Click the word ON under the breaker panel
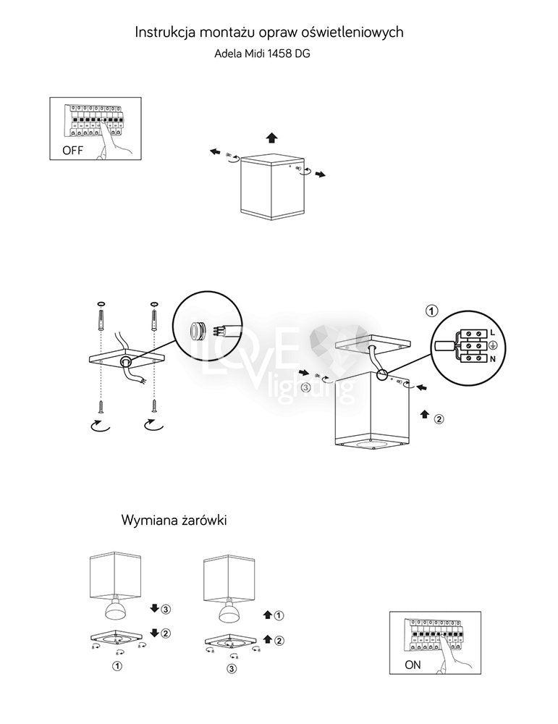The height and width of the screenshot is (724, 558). (412, 663)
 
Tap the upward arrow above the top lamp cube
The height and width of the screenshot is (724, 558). (271, 138)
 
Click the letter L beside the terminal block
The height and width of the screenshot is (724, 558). (491, 332)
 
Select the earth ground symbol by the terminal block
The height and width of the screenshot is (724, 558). (492, 346)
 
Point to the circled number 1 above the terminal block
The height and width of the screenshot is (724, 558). (431, 311)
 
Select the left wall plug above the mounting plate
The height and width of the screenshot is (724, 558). (101, 318)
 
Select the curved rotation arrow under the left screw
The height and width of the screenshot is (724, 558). (98, 427)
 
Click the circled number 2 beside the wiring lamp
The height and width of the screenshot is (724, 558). (438, 418)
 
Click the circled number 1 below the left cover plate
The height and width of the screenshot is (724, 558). (116, 664)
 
